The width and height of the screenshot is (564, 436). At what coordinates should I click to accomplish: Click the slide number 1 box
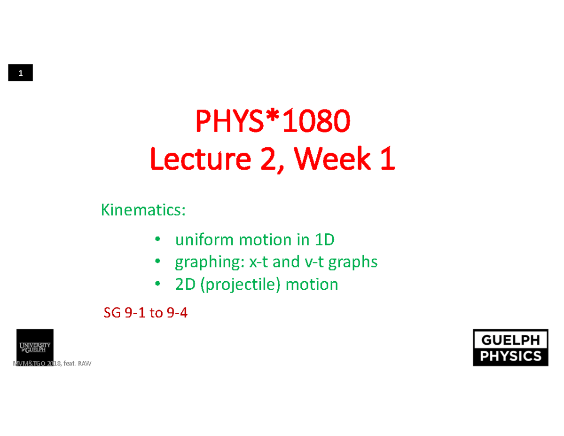point(20,73)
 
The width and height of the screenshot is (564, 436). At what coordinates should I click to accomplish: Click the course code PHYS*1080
point(273,122)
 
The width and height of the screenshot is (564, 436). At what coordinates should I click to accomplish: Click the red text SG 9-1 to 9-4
point(145,312)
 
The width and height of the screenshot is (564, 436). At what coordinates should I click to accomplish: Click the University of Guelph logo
point(35,347)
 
